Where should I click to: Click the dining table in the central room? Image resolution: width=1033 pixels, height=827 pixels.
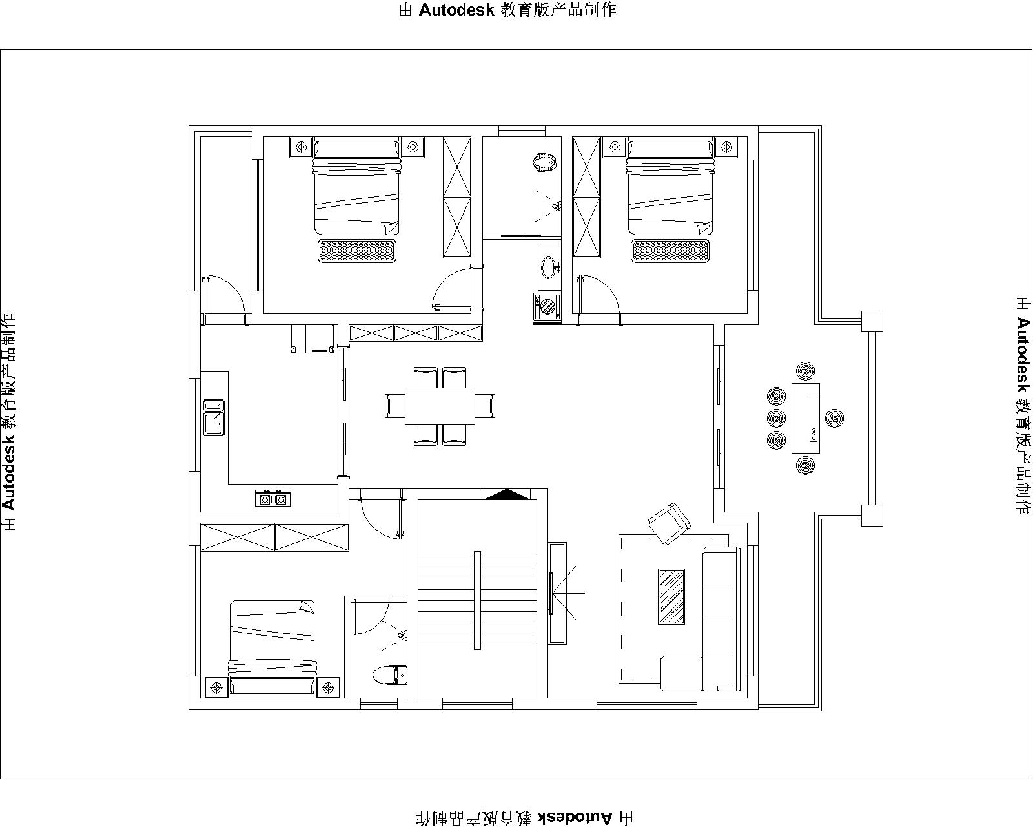click(440, 406)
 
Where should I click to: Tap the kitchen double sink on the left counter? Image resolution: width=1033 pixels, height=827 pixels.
click(214, 417)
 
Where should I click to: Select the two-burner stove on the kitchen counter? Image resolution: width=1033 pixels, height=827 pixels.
click(272, 498)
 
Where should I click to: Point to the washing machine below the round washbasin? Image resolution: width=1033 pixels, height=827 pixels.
click(547, 306)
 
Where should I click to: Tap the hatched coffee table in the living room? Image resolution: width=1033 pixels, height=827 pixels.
click(671, 596)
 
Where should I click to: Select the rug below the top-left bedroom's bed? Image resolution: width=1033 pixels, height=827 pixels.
click(356, 251)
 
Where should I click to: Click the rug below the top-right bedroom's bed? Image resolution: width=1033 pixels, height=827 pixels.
click(670, 251)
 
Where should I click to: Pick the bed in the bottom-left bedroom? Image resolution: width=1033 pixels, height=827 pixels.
click(272, 646)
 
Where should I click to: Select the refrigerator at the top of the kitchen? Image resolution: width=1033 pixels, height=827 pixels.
click(313, 339)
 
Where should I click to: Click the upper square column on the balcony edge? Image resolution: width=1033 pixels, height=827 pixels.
click(872, 321)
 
